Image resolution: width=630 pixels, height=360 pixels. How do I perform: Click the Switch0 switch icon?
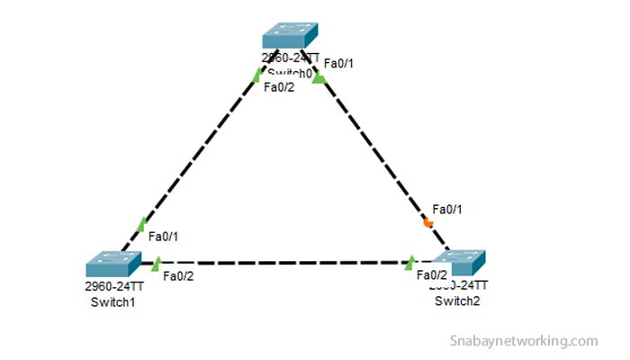pos(289,36)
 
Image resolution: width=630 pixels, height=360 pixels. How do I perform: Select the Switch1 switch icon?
pos(113,264)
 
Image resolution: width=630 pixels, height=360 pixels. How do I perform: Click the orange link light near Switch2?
pos(428,223)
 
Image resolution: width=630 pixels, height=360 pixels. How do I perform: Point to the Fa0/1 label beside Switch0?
pos(337,63)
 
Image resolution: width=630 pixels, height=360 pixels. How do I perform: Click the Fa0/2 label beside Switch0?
pos(278,86)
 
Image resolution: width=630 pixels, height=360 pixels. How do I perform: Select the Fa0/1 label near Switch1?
pos(162,236)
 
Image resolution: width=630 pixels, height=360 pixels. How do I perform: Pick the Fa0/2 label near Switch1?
pos(178,275)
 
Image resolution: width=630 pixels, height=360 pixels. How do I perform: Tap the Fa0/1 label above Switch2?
pos(446,209)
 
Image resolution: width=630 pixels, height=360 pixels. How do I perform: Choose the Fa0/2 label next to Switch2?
pos(432,274)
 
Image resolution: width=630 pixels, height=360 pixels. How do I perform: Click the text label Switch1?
pos(112,301)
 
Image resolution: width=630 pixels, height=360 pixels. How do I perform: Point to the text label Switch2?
pos(457,301)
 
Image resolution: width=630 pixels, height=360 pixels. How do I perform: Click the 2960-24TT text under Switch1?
pos(113,288)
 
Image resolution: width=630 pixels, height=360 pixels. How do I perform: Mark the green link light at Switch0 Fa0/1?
pos(318,78)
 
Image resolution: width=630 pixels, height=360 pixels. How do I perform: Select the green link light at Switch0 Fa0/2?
pos(257,76)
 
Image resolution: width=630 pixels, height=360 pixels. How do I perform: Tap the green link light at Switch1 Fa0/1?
pos(141,224)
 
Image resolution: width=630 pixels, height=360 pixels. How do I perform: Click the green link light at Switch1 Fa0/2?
pos(157,263)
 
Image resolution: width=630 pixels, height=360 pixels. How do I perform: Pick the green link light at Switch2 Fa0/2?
pos(410,262)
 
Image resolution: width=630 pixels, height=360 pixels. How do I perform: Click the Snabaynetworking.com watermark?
pos(523,341)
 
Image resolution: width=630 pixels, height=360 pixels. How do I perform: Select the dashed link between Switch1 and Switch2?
pos(283,263)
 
